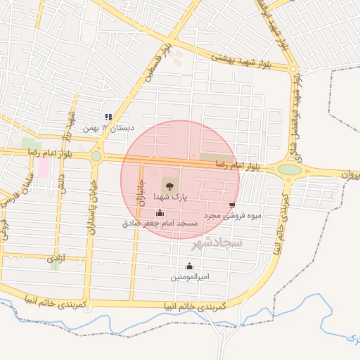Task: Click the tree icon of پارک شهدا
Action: click(169, 186)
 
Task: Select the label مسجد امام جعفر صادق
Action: click(157, 222)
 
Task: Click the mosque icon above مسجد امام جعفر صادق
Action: click(160, 212)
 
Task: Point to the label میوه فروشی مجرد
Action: click(232, 215)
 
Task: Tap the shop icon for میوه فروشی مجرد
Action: click(232, 205)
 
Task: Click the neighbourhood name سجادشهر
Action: click(216, 243)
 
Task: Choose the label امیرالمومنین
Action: click(190, 276)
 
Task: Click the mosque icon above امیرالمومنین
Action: click(189, 266)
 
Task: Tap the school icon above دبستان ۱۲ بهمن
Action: click(108, 117)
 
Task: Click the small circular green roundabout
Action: click(96, 156)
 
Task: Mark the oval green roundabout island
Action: click(289, 169)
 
